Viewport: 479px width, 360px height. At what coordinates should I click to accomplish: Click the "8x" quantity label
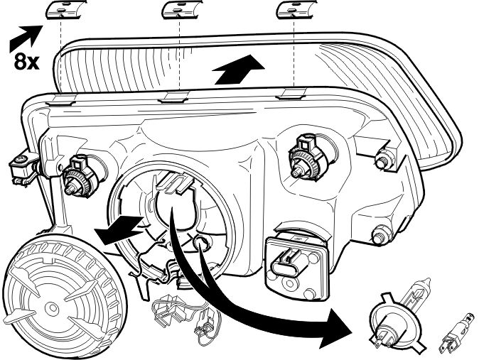tap(26, 61)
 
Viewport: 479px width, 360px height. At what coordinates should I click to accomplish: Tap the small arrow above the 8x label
tap(26, 38)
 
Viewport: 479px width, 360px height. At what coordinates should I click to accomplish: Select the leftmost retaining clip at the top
tap(65, 9)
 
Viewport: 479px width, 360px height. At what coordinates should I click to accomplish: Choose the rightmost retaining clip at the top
tap(295, 9)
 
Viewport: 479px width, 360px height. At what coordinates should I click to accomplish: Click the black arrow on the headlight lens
tap(238, 70)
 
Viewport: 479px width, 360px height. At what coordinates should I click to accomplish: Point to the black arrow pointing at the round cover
tap(119, 229)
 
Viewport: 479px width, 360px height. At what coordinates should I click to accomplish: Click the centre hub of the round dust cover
tap(52, 307)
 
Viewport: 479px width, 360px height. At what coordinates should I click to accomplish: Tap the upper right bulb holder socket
tap(308, 157)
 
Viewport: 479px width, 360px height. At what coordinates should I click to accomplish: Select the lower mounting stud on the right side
tap(381, 234)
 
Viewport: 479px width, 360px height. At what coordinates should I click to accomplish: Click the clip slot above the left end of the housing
tap(63, 100)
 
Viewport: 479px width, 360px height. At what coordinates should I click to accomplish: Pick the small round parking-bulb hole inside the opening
tap(200, 242)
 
